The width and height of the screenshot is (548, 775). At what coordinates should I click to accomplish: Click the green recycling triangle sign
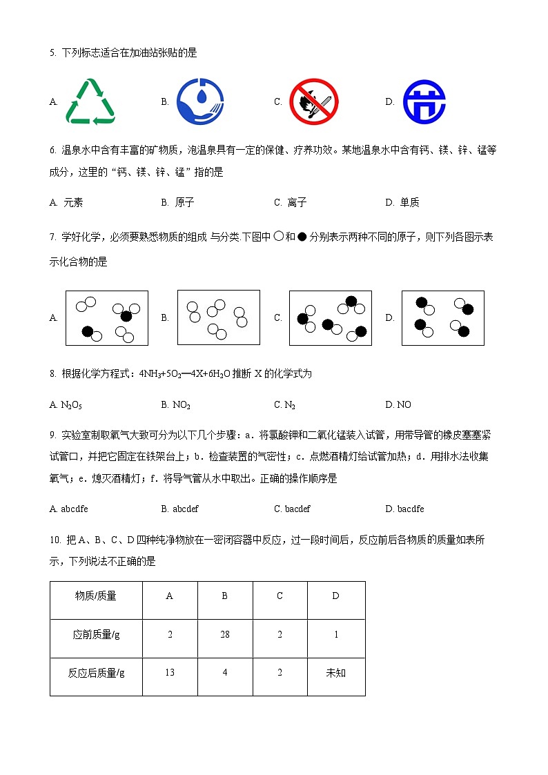coord(90,102)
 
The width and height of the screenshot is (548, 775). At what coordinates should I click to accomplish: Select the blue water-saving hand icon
coord(200,102)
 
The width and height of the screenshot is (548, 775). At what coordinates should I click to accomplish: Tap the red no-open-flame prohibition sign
coord(314,102)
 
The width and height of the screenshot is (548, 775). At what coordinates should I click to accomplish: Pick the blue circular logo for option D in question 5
coord(424,102)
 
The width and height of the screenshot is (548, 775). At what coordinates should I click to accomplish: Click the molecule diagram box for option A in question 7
coord(107,318)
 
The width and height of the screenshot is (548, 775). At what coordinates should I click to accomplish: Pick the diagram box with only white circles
coord(218,317)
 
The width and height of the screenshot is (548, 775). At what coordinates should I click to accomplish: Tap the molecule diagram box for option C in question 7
coord(331,318)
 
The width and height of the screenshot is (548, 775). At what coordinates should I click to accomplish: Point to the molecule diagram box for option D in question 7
coord(442,318)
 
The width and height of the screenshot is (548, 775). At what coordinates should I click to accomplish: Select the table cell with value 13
coord(170,673)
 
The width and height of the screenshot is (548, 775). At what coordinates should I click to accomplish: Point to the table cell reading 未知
coord(336,673)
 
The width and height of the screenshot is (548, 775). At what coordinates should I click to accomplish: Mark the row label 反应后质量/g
coord(96,673)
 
